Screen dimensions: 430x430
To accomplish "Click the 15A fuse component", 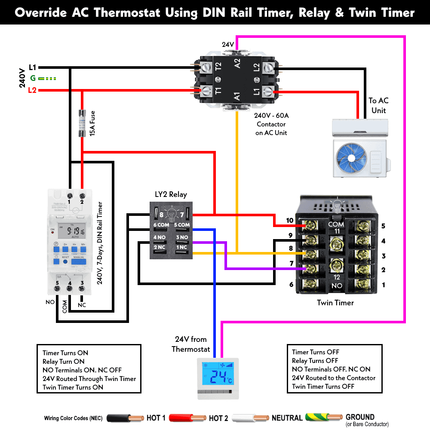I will pyautogui.click(x=82, y=123).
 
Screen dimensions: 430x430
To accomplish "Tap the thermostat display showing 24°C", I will pyautogui.click(x=217, y=377).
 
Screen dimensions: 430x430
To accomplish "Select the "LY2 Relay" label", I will pyautogui.click(x=171, y=194).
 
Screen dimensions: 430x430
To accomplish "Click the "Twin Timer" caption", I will pyautogui.click(x=335, y=303).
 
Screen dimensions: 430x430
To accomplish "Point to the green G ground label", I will pyautogui.click(x=33, y=78).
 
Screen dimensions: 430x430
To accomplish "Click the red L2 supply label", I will pyautogui.click(x=32, y=90).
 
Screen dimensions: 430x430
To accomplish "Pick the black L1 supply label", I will pyautogui.click(x=33, y=67).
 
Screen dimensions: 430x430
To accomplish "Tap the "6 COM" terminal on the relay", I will pyautogui.click(x=161, y=225).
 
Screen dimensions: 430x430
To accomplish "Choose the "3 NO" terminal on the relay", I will pyautogui.click(x=182, y=236).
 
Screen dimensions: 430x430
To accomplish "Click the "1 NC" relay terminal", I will pyautogui.click(x=182, y=247).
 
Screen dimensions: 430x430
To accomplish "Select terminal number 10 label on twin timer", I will pyautogui.click(x=290, y=221).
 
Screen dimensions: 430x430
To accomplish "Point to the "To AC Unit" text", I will pyautogui.click(x=378, y=105).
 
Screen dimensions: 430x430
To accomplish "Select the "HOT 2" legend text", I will pyautogui.click(x=218, y=418).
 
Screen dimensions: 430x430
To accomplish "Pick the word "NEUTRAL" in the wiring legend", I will pyautogui.click(x=287, y=418).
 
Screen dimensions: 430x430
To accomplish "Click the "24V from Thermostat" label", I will pyautogui.click(x=190, y=344).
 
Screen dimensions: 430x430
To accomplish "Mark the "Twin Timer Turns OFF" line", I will pyautogui.click(x=323, y=386).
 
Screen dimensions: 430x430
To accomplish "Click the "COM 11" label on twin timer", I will pyautogui.click(x=336, y=227).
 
